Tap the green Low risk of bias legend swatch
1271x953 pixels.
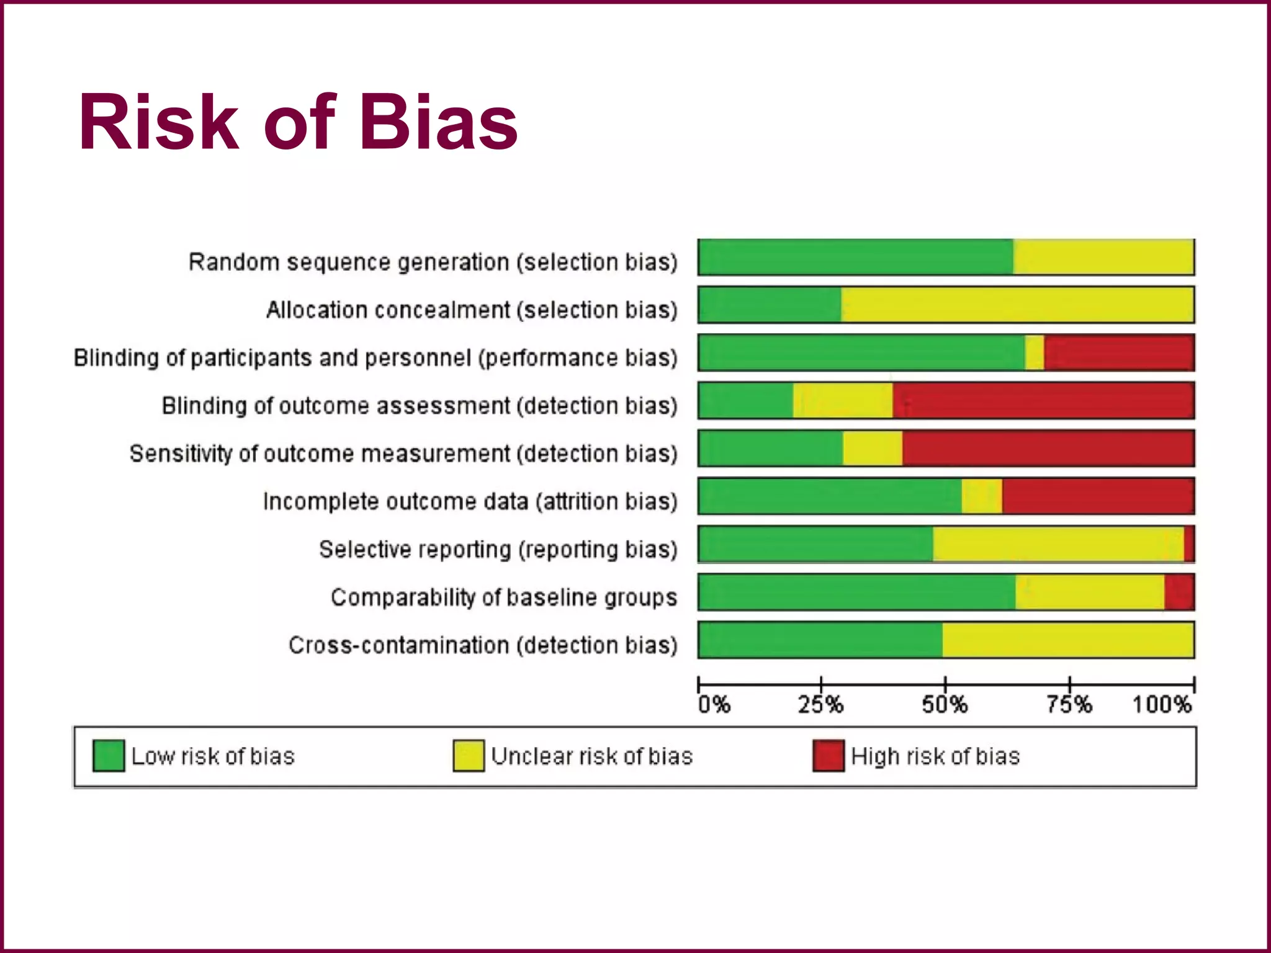[x=108, y=756]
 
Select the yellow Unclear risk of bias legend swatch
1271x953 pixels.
[x=469, y=756]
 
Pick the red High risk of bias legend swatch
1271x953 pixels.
[x=829, y=756]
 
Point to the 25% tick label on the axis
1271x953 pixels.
[x=820, y=705]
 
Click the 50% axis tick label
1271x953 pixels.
[x=945, y=705]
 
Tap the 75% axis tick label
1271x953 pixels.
[x=1069, y=705]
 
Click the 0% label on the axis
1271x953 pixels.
[x=714, y=705]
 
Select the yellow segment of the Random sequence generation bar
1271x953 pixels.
[x=1103, y=257]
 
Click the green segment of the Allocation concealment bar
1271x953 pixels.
[x=770, y=305]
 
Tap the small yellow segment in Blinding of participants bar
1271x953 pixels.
[x=1035, y=352]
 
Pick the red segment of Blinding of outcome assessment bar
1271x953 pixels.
[x=1043, y=400]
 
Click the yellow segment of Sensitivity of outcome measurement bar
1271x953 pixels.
[x=873, y=448]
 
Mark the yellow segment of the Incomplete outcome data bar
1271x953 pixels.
[x=982, y=496]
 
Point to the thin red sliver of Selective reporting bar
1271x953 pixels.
[x=1189, y=544]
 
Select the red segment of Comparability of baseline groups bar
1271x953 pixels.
[x=1179, y=592]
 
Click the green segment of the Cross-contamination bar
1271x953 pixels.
[x=819, y=640]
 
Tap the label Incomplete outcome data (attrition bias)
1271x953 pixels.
[x=470, y=501]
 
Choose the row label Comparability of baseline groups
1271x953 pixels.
[x=503, y=597]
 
